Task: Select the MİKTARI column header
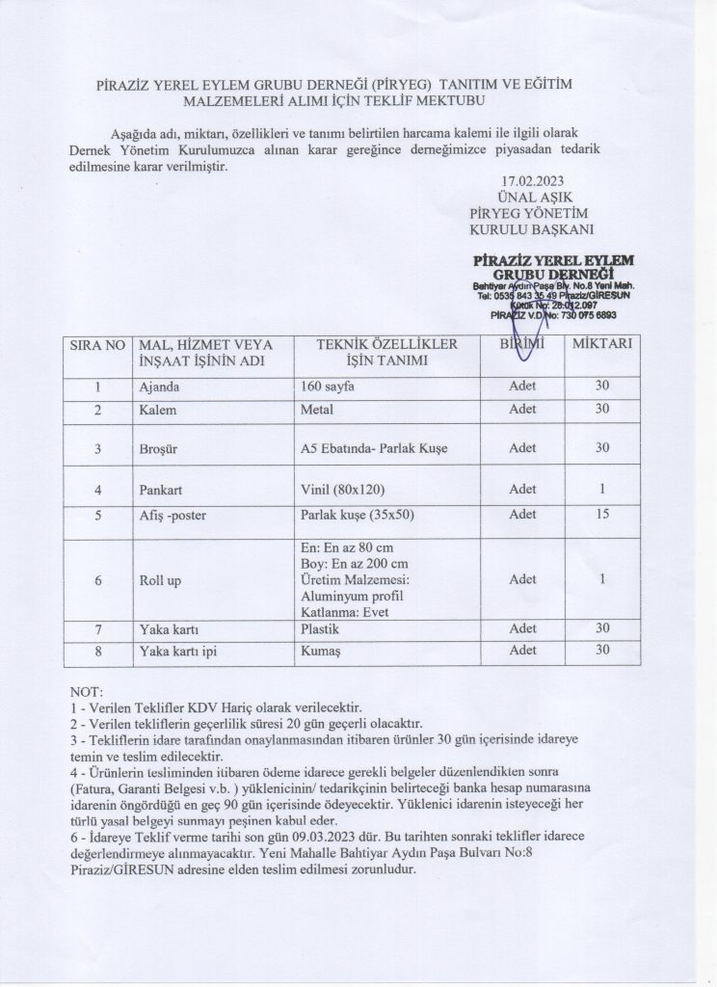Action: point(602,344)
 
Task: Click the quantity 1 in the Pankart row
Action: point(602,490)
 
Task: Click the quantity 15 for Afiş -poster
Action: point(602,514)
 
